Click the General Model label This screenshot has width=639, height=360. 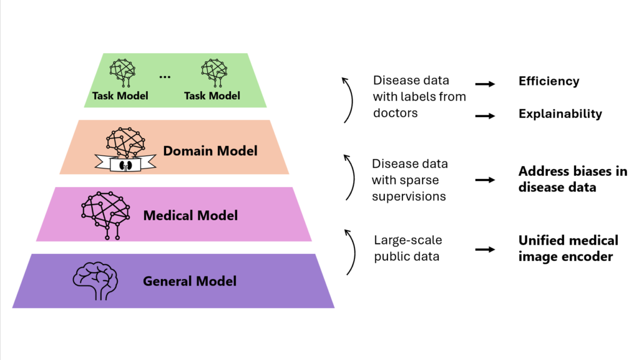(x=190, y=281)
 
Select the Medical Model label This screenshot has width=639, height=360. (x=190, y=216)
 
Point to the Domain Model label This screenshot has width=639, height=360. (x=210, y=150)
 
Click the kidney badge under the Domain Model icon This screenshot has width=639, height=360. (x=124, y=165)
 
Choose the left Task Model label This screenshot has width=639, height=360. (x=120, y=95)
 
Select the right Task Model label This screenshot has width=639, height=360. (x=212, y=95)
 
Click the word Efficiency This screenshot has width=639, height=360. (x=549, y=81)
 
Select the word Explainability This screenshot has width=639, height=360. (x=560, y=114)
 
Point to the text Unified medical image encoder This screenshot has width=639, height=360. (x=568, y=248)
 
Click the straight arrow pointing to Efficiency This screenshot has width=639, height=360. (x=485, y=83)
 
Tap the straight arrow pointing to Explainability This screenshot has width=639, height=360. (x=485, y=115)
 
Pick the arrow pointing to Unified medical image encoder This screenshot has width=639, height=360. (x=485, y=250)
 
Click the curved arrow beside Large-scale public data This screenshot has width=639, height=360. (x=351, y=251)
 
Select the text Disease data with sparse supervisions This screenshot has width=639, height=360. (x=410, y=180)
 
